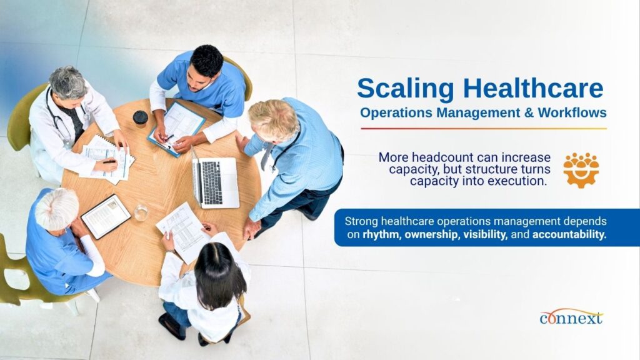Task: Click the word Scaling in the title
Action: point(405,89)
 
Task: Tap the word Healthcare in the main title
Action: point(533,87)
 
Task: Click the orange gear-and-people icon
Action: point(581,170)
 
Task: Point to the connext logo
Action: point(571,317)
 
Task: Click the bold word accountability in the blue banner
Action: point(569,235)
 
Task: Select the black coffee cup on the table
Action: point(141,119)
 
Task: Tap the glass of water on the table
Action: point(141,212)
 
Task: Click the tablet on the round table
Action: point(106,216)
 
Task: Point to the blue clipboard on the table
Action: point(177,128)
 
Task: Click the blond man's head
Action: point(273,120)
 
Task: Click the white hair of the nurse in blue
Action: point(57,209)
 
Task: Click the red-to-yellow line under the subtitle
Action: point(484,129)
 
